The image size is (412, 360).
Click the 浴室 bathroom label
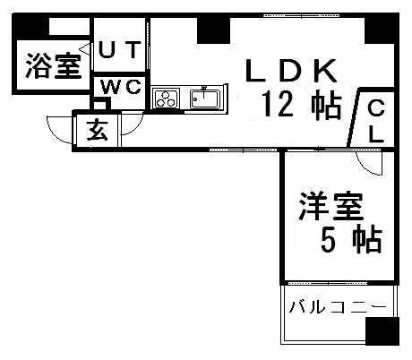(x=54, y=65)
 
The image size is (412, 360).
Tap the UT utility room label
(x=119, y=50)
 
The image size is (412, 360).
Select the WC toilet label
(x=120, y=87)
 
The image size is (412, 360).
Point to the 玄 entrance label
(x=97, y=130)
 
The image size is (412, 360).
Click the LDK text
(x=290, y=71)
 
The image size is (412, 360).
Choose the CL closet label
(x=376, y=121)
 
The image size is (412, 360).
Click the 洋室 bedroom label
(x=331, y=206)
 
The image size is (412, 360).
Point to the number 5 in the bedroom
(x=328, y=240)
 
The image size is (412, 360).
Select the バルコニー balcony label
(x=338, y=307)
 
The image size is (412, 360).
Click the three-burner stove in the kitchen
(x=166, y=99)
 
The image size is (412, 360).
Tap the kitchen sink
(x=205, y=99)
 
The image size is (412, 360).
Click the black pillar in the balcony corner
(x=382, y=331)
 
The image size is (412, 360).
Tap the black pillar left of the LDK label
(x=213, y=30)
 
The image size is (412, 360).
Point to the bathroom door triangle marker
(x=84, y=49)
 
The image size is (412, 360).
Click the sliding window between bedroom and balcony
(x=329, y=282)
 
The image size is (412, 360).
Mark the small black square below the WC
(x=99, y=105)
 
